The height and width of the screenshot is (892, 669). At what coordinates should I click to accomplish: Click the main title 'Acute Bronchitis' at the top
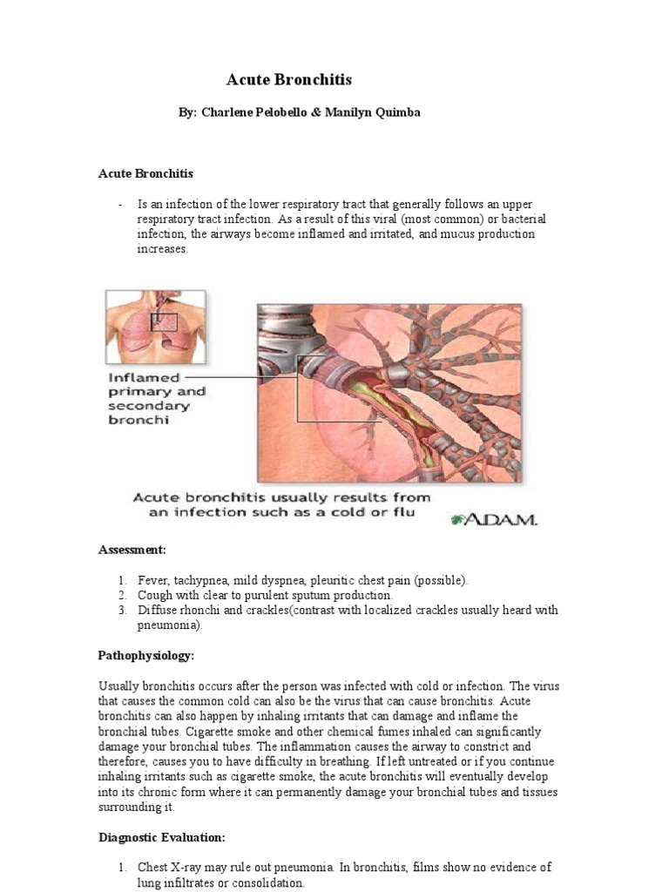click(289, 80)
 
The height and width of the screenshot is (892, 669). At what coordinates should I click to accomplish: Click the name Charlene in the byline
click(228, 113)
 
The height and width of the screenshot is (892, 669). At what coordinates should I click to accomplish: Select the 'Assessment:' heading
click(132, 551)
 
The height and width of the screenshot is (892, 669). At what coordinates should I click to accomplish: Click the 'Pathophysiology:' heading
click(146, 654)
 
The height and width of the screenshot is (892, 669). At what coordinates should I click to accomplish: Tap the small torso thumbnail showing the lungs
click(156, 327)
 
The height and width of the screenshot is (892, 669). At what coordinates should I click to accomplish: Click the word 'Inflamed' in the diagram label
click(144, 378)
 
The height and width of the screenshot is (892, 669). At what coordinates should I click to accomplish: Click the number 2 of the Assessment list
click(123, 595)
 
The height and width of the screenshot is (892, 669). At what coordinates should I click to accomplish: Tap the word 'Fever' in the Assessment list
click(152, 580)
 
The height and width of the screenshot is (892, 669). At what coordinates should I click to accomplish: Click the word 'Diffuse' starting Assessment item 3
click(157, 610)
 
